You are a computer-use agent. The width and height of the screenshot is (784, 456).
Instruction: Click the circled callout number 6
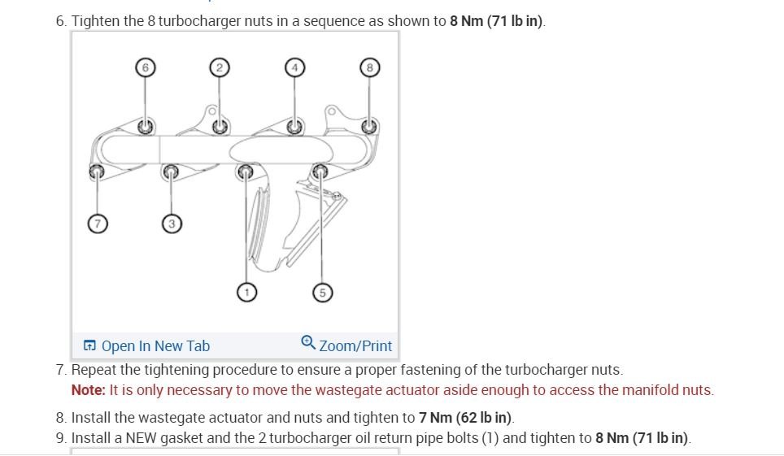pos(145,68)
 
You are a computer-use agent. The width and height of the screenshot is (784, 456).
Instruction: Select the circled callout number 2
pos(218,68)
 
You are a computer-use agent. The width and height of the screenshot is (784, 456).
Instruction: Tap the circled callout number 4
pos(294,68)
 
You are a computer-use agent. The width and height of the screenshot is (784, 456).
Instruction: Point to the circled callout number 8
pos(369,68)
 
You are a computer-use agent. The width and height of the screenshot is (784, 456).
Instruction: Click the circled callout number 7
pos(97,224)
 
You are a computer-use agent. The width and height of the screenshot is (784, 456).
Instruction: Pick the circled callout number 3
pos(171,224)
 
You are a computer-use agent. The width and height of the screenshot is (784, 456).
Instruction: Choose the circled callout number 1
pos(246,291)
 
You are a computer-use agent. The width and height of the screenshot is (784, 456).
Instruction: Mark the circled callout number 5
pos(322,293)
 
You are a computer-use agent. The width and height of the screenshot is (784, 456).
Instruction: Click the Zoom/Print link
pos(355,346)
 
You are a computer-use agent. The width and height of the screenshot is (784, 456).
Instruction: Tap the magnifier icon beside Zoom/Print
pos(308,343)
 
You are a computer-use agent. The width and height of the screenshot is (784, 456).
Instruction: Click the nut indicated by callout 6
pos(145,126)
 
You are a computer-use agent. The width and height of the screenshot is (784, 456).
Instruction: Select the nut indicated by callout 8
pos(369,126)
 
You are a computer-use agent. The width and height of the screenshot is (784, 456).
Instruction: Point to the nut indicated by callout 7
pos(97,171)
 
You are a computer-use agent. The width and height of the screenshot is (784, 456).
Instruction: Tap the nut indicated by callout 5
pos(320,171)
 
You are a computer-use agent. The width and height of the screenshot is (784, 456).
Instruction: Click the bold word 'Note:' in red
pos(89,390)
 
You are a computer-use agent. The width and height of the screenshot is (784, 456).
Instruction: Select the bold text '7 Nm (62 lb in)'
pos(465,418)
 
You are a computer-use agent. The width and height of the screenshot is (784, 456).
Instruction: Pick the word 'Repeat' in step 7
pos(94,371)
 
